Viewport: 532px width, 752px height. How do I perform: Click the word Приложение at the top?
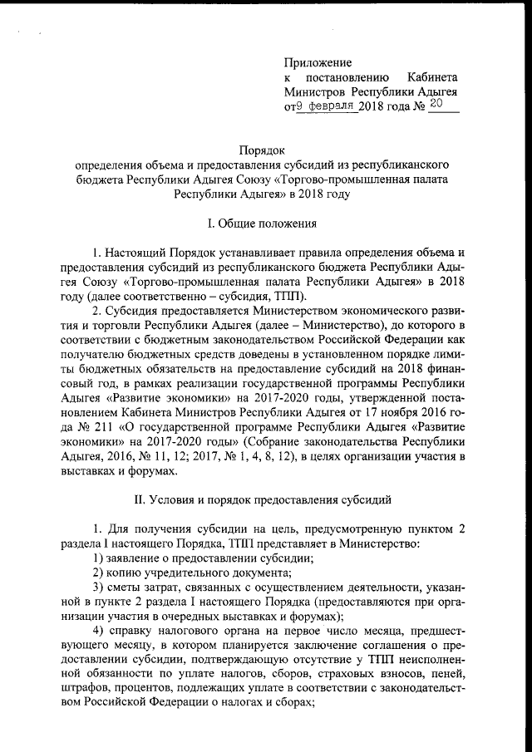coord(318,63)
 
